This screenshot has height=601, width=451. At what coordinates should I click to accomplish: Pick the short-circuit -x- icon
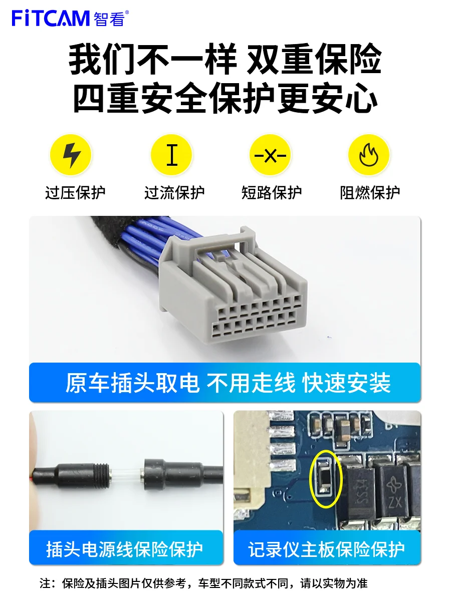271,155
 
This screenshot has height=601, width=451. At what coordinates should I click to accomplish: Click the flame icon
369,155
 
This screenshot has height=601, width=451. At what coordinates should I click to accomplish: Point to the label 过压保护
75,193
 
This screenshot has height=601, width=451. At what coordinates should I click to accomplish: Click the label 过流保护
174,193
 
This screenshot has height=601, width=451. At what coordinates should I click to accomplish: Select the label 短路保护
272,193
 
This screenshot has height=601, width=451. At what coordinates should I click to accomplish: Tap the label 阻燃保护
370,193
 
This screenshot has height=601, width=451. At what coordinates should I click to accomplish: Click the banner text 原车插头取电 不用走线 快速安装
228,383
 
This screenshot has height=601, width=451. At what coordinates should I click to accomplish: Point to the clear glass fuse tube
125,473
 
